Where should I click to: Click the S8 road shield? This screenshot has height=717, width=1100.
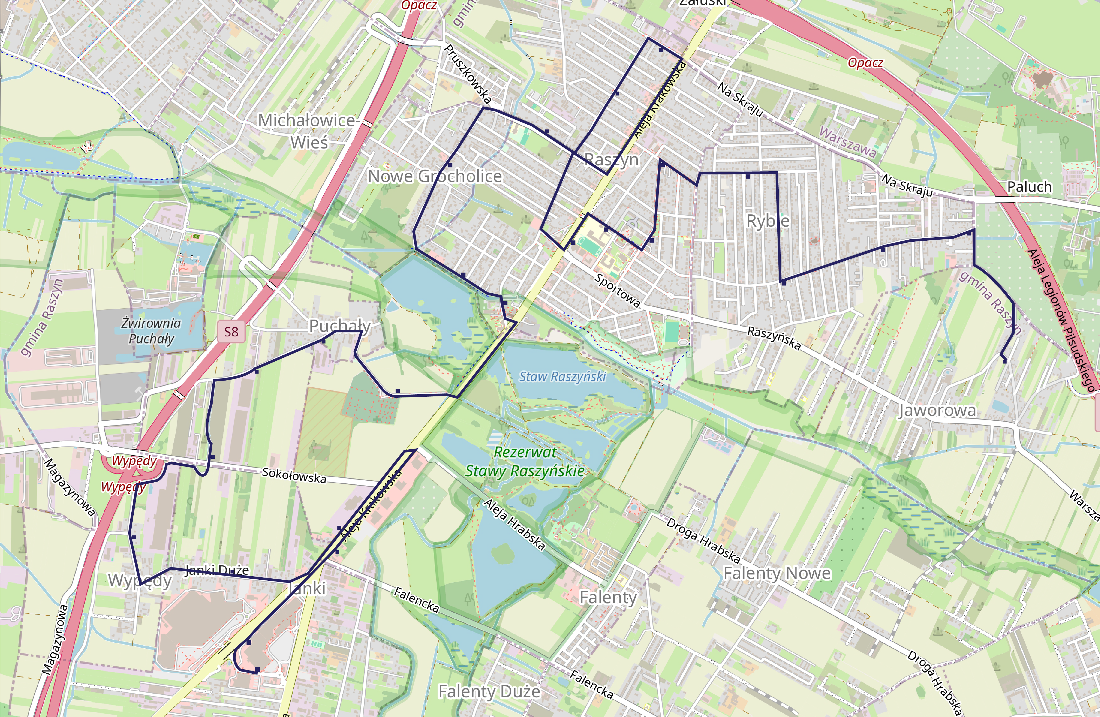point(231,332)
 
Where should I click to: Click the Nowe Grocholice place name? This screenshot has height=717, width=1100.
point(434,176)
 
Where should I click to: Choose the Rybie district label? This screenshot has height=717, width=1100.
point(768,221)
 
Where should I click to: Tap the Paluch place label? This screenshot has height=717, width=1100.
point(1029,187)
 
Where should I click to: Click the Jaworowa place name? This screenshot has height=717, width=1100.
point(937,410)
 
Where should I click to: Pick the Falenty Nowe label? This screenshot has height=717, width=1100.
point(777,573)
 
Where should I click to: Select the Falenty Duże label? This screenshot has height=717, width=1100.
point(489,692)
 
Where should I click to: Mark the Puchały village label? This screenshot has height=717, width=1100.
point(340,326)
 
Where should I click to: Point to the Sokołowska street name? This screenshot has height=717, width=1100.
point(294,475)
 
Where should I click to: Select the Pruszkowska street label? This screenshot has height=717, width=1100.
point(468,73)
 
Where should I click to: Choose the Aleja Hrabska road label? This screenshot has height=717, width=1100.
point(514,524)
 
